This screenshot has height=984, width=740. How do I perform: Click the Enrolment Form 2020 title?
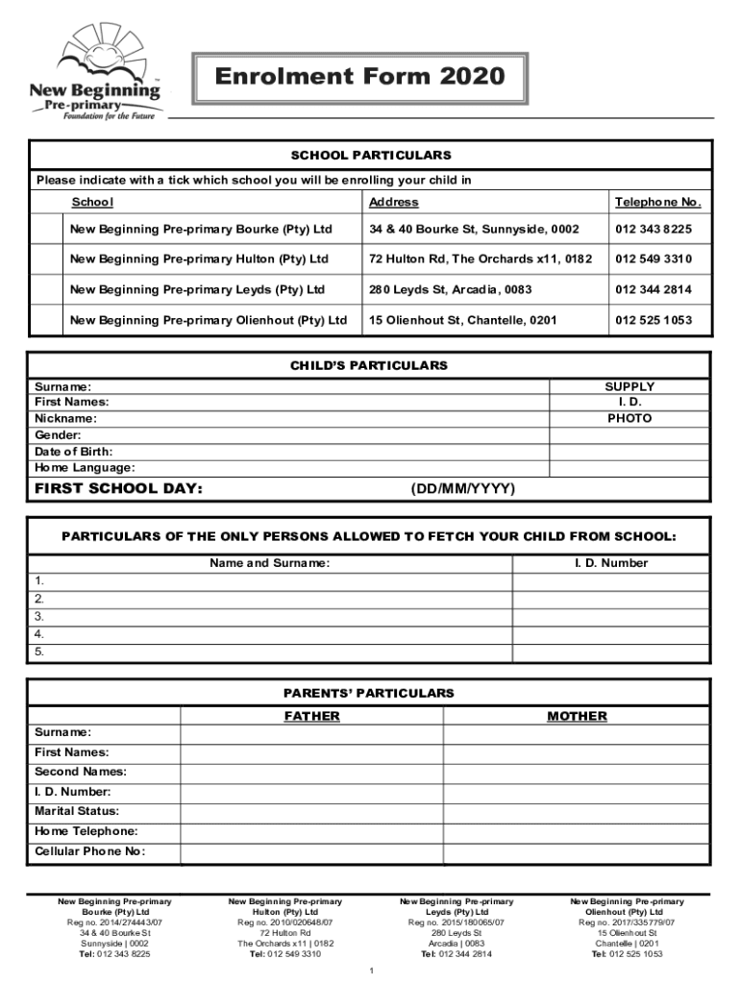click(x=347, y=76)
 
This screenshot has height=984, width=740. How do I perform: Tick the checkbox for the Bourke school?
click(x=46, y=230)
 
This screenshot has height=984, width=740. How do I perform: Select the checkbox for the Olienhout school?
click(x=46, y=320)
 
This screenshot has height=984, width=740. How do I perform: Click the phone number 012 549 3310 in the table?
click(x=654, y=259)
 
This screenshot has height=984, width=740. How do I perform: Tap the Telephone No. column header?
click(x=658, y=202)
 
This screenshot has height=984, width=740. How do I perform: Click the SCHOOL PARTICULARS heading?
click(x=370, y=155)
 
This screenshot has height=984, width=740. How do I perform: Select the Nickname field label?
click(x=65, y=419)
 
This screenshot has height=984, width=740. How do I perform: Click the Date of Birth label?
click(x=73, y=452)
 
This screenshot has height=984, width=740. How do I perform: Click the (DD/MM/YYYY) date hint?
click(x=463, y=489)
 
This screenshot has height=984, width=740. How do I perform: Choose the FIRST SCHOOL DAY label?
click(x=118, y=489)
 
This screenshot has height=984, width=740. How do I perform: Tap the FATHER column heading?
click(x=311, y=716)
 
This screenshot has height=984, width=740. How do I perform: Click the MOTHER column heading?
click(x=577, y=716)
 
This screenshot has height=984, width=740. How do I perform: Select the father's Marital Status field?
click(x=311, y=812)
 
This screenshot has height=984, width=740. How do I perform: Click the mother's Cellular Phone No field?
click(x=577, y=852)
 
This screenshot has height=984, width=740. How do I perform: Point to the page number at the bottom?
click(x=371, y=971)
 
